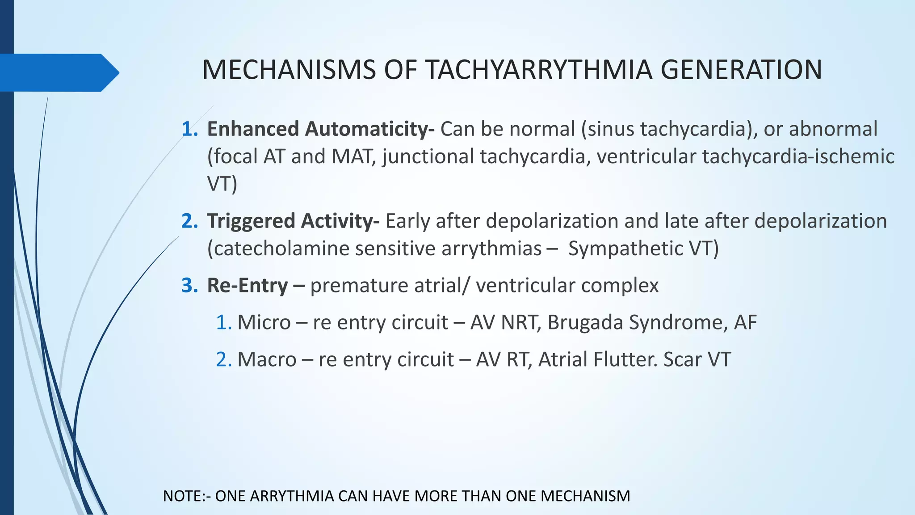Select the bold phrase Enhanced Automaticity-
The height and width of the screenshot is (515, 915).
coord(320,129)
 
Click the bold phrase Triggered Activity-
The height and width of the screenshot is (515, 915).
coord(293,221)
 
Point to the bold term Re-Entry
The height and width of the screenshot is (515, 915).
coord(247,286)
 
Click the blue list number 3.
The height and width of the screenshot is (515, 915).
coord(189,286)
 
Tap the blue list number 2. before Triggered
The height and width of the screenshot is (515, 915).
coord(189,221)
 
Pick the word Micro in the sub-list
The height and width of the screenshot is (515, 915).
coord(264,322)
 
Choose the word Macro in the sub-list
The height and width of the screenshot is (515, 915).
coord(267,359)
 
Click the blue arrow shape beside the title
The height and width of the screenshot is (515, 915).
coord(58,72)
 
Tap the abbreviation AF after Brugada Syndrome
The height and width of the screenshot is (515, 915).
coord(745,322)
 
